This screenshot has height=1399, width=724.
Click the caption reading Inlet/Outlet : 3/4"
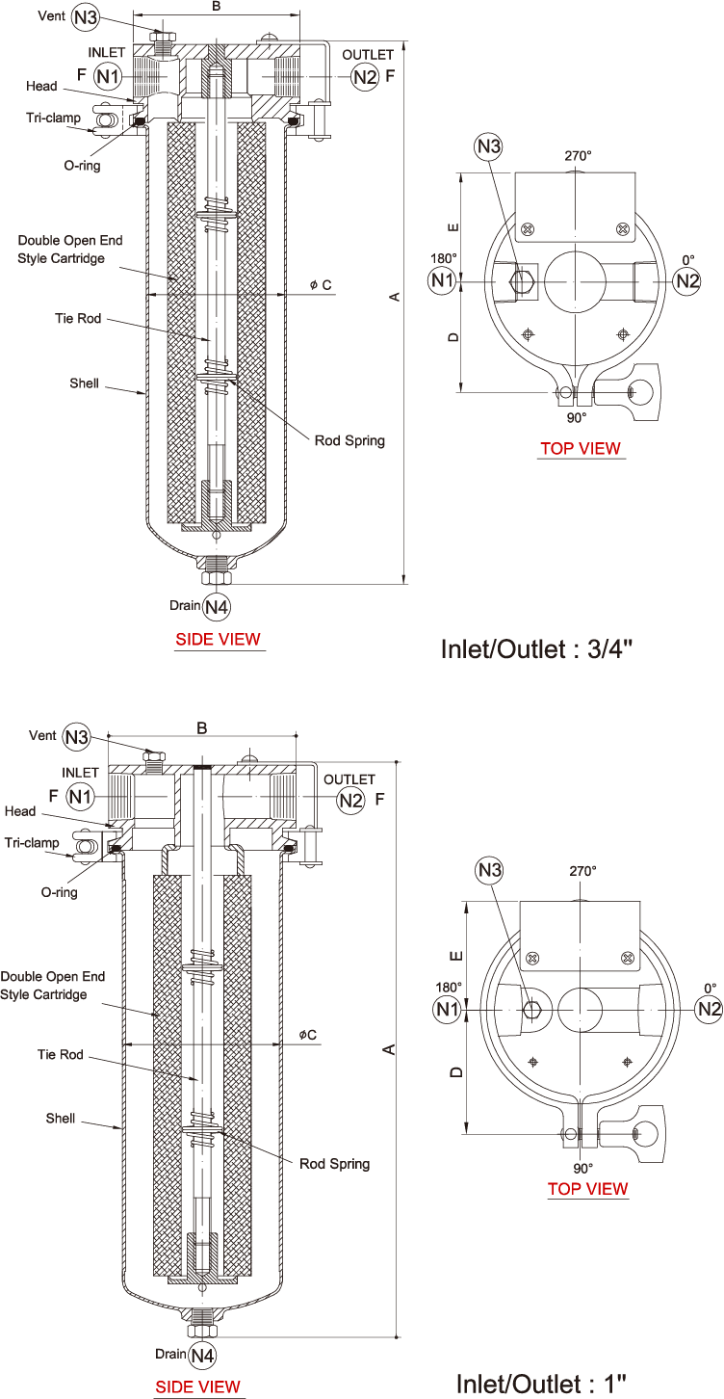[x=535, y=648]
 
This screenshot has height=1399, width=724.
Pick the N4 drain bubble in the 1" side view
[x=202, y=1356]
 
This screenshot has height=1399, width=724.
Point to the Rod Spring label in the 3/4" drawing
[x=349, y=440]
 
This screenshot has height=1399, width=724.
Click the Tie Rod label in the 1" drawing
[x=60, y=1055]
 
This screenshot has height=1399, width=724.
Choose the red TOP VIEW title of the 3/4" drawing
[x=580, y=448]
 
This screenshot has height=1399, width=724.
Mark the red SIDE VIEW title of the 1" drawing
[x=198, y=1387]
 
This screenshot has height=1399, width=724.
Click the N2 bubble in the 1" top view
[x=710, y=1009]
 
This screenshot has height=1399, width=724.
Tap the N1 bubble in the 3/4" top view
[x=442, y=280]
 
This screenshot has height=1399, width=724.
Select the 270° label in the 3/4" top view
[x=577, y=155]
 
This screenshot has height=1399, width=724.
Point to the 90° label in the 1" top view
[x=583, y=1167]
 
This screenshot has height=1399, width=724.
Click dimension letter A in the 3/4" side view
[x=394, y=297]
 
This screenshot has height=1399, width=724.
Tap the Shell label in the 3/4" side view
[x=84, y=383]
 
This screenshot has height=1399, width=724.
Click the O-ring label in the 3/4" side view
[x=82, y=166]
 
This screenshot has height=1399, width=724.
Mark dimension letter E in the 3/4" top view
[x=452, y=227]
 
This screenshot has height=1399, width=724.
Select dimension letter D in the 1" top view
[x=457, y=1070]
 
